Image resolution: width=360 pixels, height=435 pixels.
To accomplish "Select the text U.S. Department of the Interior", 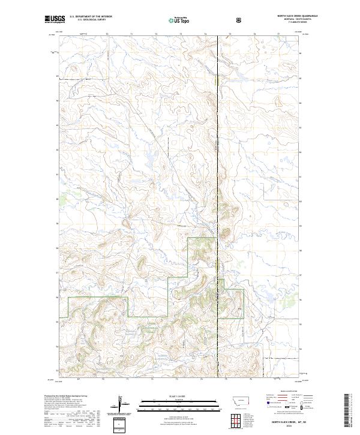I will click(x=90, y=16).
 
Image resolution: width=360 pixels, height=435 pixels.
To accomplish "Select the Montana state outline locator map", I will click(x=236, y=398).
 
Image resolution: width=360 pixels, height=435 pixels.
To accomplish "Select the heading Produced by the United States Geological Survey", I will click(x=66, y=395).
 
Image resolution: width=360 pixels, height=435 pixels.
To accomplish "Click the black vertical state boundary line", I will click(x=217, y=150).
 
